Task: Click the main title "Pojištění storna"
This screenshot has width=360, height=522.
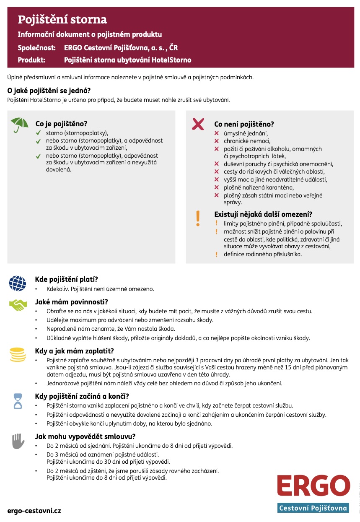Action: click(x=62, y=19)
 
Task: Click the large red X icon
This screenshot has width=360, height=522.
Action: click(x=198, y=124)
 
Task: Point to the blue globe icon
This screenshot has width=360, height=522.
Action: click(x=18, y=283)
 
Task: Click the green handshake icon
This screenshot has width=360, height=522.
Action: click(x=18, y=305)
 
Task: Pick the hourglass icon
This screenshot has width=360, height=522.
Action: click(x=18, y=400)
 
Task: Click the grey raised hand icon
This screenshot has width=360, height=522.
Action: click(x=18, y=441)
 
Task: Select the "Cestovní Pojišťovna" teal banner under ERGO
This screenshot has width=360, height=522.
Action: click(x=313, y=508)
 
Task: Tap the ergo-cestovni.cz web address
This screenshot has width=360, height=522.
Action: click(x=34, y=511)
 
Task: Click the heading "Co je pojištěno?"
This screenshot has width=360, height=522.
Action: click(x=61, y=124)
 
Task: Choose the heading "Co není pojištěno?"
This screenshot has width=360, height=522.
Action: click(x=244, y=124)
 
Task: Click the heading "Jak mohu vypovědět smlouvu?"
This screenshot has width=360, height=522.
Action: click(x=85, y=436)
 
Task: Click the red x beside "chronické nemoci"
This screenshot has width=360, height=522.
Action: click(x=217, y=141)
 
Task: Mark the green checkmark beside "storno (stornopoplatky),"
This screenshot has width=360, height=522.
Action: click(x=38, y=133)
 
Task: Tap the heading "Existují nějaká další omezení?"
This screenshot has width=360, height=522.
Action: click(x=263, y=214)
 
